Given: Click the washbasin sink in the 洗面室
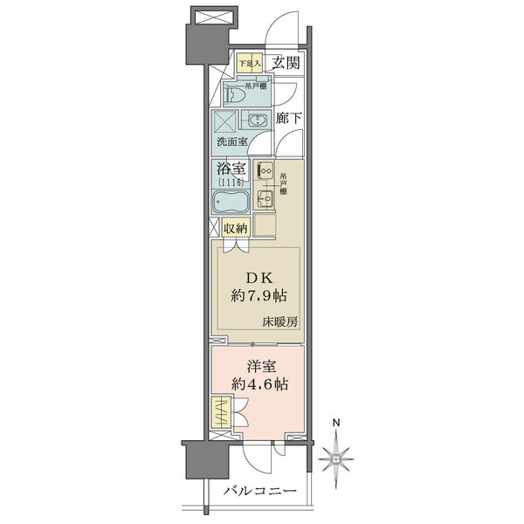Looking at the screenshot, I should [257, 121].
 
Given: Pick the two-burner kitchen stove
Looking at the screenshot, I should [266, 171].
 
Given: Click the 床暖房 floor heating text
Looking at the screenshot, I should [280, 321].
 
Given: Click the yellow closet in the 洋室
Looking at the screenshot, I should [222, 410].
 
